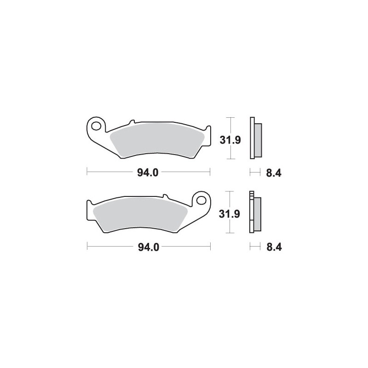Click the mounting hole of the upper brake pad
[96, 126]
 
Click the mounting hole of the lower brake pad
[201, 200]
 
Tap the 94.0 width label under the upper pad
[148, 173]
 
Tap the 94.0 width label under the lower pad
[149, 247]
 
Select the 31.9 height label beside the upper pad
[230, 140]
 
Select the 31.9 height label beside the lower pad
[229, 214]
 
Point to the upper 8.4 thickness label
[274, 173]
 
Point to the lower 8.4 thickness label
[274, 247]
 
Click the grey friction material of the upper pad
[157, 140]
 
